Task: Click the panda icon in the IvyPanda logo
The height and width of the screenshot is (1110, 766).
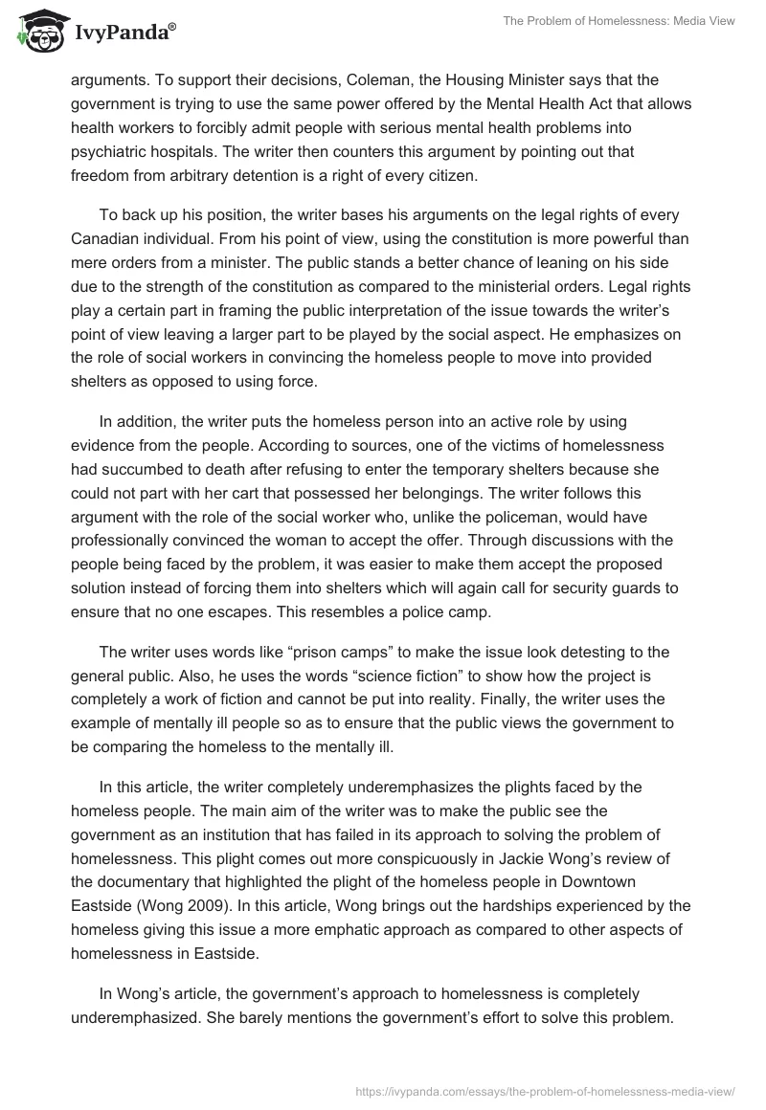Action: [x=35, y=31]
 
